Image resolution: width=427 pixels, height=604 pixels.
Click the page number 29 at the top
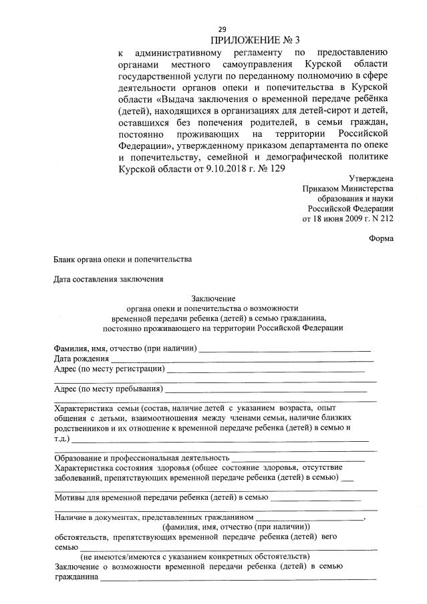click(x=223, y=29)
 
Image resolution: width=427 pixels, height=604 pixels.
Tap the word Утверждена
click(x=371, y=178)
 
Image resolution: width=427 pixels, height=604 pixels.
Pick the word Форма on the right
click(x=381, y=238)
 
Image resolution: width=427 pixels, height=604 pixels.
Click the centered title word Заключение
click(x=213, y=298)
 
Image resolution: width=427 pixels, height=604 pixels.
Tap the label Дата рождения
click(x=76, y=358)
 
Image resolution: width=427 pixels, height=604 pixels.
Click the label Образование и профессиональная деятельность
click(x=140, y=458)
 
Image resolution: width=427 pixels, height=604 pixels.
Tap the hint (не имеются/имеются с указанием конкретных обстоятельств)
click(x=194, y=556)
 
